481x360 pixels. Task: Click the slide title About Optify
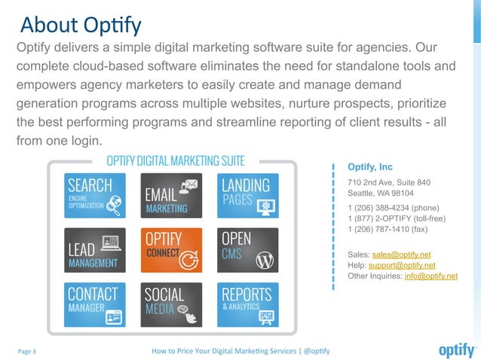[81, 25]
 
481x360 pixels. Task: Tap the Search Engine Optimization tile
[94, 196]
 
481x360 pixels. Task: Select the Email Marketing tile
[171, 196]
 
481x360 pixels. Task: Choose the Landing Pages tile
[248, 196]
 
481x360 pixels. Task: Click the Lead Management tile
[94, 250]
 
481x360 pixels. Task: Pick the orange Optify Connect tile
[171, 250]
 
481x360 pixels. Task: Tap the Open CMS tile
[248, 250]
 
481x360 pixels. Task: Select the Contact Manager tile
[94, 304]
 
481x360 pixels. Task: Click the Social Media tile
[171, 304]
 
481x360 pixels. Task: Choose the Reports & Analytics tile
[248, 304]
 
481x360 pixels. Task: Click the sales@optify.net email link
[401, 255]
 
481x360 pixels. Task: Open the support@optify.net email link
[401, 265]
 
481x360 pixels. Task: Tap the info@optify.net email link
[430, 276]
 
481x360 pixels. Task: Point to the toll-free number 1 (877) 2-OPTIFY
[397, 218]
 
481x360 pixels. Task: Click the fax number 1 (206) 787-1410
[387, 229]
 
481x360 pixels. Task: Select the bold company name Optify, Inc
[370, 166]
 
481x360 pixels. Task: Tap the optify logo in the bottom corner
[457, 350]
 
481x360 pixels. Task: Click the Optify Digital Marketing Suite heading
[175, 161]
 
